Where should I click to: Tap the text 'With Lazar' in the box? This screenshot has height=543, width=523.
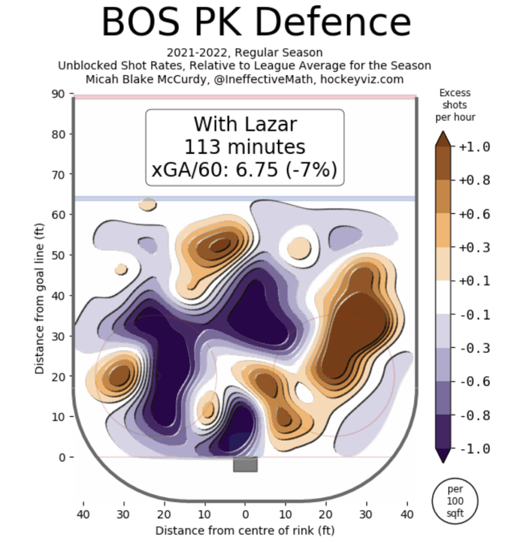click(245, 124)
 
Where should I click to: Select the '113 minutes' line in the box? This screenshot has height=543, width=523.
click(245, 147)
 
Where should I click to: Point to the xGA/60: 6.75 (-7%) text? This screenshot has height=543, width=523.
click(245, 171)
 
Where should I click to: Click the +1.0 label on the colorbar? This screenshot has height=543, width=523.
click(474, 147)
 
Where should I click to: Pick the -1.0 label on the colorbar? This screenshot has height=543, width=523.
click(474, 449)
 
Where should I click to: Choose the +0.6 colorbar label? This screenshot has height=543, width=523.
click(474, 214)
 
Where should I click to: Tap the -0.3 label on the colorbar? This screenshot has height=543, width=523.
click(474, 348)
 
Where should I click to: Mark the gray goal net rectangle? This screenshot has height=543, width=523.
click(245, 465)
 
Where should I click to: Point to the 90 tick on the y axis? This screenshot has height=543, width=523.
click(59, 94)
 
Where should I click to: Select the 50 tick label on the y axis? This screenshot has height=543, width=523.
click(59, 255)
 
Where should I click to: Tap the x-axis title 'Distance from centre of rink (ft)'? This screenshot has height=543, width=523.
click(245, 530)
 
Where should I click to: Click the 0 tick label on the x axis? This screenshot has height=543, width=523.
click(245, 514)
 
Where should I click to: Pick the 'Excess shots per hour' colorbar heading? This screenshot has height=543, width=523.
click(455, 105)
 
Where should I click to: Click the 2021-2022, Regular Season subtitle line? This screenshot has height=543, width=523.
click(244, 53)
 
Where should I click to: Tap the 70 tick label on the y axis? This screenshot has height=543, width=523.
click(59, 174)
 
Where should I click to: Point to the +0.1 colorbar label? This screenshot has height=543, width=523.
click(474, 282)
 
